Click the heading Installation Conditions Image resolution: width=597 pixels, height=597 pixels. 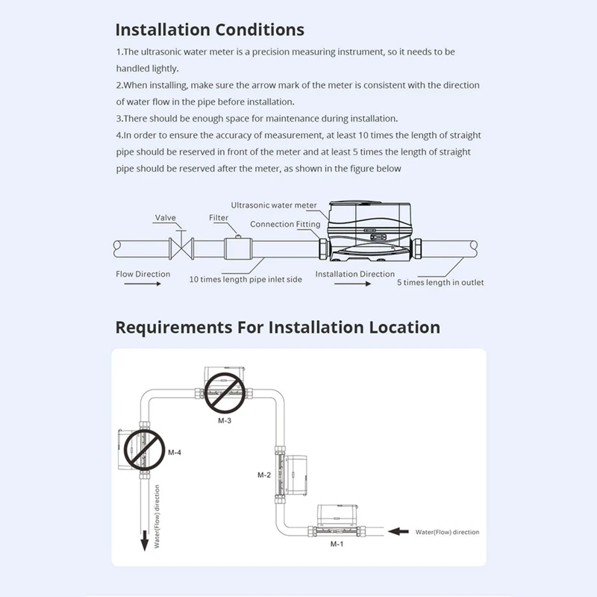210,30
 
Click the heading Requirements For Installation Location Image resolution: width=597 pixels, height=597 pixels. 278,327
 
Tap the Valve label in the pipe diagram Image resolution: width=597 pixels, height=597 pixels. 165,218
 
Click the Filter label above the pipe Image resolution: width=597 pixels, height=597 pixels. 219,218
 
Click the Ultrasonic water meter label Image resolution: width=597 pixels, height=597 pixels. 274,205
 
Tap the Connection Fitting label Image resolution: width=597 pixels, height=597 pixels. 285,224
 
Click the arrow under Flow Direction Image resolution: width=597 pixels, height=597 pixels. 139,284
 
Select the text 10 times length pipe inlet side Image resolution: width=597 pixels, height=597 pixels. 246,279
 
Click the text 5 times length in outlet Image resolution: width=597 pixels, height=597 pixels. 440,282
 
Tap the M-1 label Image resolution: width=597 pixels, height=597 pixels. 337,545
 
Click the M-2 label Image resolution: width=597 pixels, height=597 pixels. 263,475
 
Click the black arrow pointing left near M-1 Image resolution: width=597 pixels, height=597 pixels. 401,531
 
